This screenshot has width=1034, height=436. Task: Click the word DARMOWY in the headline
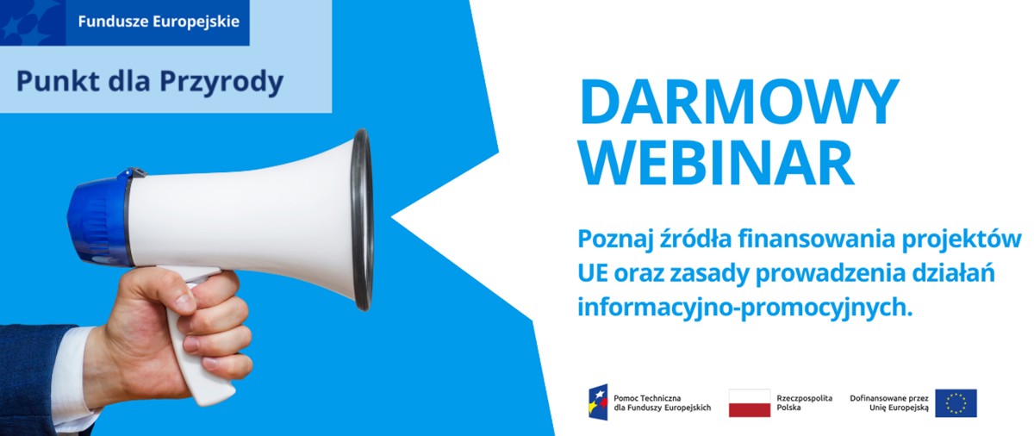coord(739,103)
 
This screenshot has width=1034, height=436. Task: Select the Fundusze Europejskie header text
coord(159,22)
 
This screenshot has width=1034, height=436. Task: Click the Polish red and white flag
coord(749,402)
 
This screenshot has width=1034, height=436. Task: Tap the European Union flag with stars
coord(956,402)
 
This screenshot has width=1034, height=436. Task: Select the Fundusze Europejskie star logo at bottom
coord(598,402)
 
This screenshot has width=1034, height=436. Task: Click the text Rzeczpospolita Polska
coord(805,402)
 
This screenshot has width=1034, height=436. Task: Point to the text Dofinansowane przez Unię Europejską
coord(889,402)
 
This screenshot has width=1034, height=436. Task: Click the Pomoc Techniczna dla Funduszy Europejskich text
coord(662,402)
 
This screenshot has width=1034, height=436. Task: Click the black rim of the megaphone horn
coord(363,220)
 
